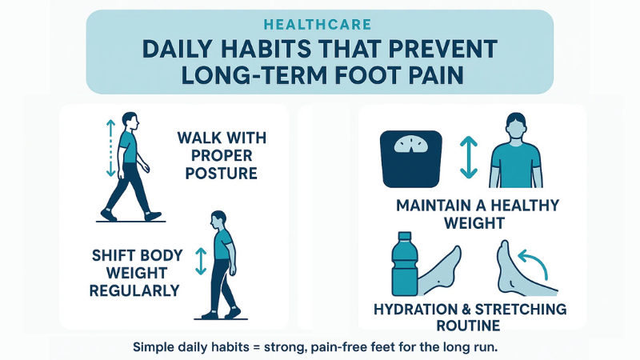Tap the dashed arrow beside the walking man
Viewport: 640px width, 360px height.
point(110,149)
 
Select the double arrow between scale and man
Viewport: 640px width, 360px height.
point(469,156)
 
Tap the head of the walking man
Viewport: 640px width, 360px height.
point(130,121)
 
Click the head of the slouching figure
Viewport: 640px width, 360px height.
point(218,219)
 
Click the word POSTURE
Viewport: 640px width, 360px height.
point(221,174)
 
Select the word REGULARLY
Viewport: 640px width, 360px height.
point(134,290)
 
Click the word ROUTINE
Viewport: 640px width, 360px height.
point(469,326)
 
